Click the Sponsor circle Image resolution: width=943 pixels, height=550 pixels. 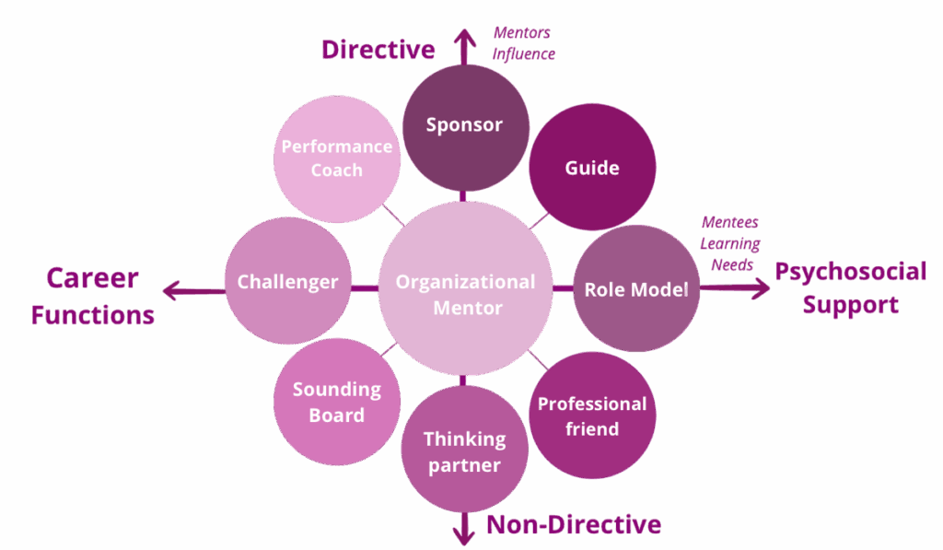pyautogui.click(x=465, y=126)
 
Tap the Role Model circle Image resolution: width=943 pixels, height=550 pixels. pyautogui.click(x=636, y=288)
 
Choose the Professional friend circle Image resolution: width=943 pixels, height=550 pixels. pyautogui.click(x=591, y=415)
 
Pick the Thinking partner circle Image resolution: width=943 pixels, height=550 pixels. pyautogui.click(x=465, y=451)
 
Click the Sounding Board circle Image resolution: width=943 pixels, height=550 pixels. pyautogui.click(x=337, y=402)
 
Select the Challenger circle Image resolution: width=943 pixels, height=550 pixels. pyautogui.click(x=288, y=281)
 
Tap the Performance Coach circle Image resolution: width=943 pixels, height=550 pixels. pyautogui.click(x=337, y=158)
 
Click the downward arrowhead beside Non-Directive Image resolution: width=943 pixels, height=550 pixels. pyautogui.click(x=464, y=534)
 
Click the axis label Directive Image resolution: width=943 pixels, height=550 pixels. pyautogui.click(x=378, y=50)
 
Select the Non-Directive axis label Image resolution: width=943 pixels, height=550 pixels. pyautogui.click(x=573, y=525)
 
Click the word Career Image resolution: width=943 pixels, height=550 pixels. pyautogui.click(x=92, y=277)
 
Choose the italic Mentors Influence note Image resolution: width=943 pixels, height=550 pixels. pyautogui.click(x=523, y=43)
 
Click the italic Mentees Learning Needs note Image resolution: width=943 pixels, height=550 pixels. pyautogui.click(x=730, y=244)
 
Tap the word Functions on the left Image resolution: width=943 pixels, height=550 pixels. pyautogui.click(x=92, y=315)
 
